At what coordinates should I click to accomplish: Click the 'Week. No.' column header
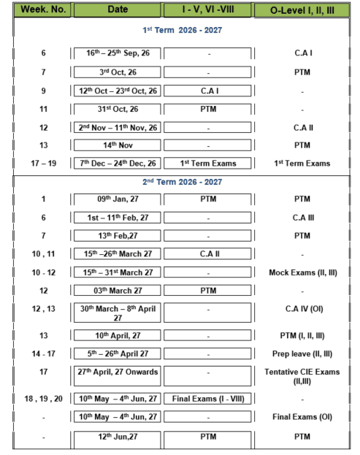pyautogui.click(x=43, y=9)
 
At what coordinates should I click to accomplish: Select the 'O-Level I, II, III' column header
pyautogui.click(x=302, y=10)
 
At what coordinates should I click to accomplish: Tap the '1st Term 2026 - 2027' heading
pyautogui.click(x=182, y=30)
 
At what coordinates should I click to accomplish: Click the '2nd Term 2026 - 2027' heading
pyautogui.click(x=182, y=182)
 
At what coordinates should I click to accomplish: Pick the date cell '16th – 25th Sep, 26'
pyautogui.click(x=118, y=53)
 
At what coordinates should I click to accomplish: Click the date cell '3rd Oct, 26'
pyautogui.click(x=118, y=72)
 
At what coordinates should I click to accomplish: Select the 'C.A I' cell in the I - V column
pyautogui.click(x=210, y=91)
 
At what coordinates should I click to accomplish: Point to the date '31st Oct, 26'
pyautogui.click(x=118, y=109)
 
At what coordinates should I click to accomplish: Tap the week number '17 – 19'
pyautogui.click(x=44, y=164)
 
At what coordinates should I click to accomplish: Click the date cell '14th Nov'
pyautogui.click(x=118, y=145)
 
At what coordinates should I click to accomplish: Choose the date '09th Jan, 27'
pyautogui.click(x=118, y=199)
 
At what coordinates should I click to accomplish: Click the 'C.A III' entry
pyautogui.click(x=303, y=218)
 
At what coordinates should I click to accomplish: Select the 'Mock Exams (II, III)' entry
pyautogui.click(x=303, y=272)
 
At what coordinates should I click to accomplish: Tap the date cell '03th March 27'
pyautogui.click(x=118, y=291)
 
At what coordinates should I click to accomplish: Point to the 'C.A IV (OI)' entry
pyautogui.click(x=304, y=309)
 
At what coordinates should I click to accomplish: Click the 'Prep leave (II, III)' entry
pyautogui.click(x=302, y=354)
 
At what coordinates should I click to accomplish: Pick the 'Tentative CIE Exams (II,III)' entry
pyautogui.click(x=302, y=376)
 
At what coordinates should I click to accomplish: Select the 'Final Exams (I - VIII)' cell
pyautogui.click(x=208, y=399)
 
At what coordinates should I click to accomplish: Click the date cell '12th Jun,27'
pyautogui.click(x=118, y=437)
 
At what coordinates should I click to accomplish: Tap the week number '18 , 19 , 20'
pyautogui.click(x=44, y=399)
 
